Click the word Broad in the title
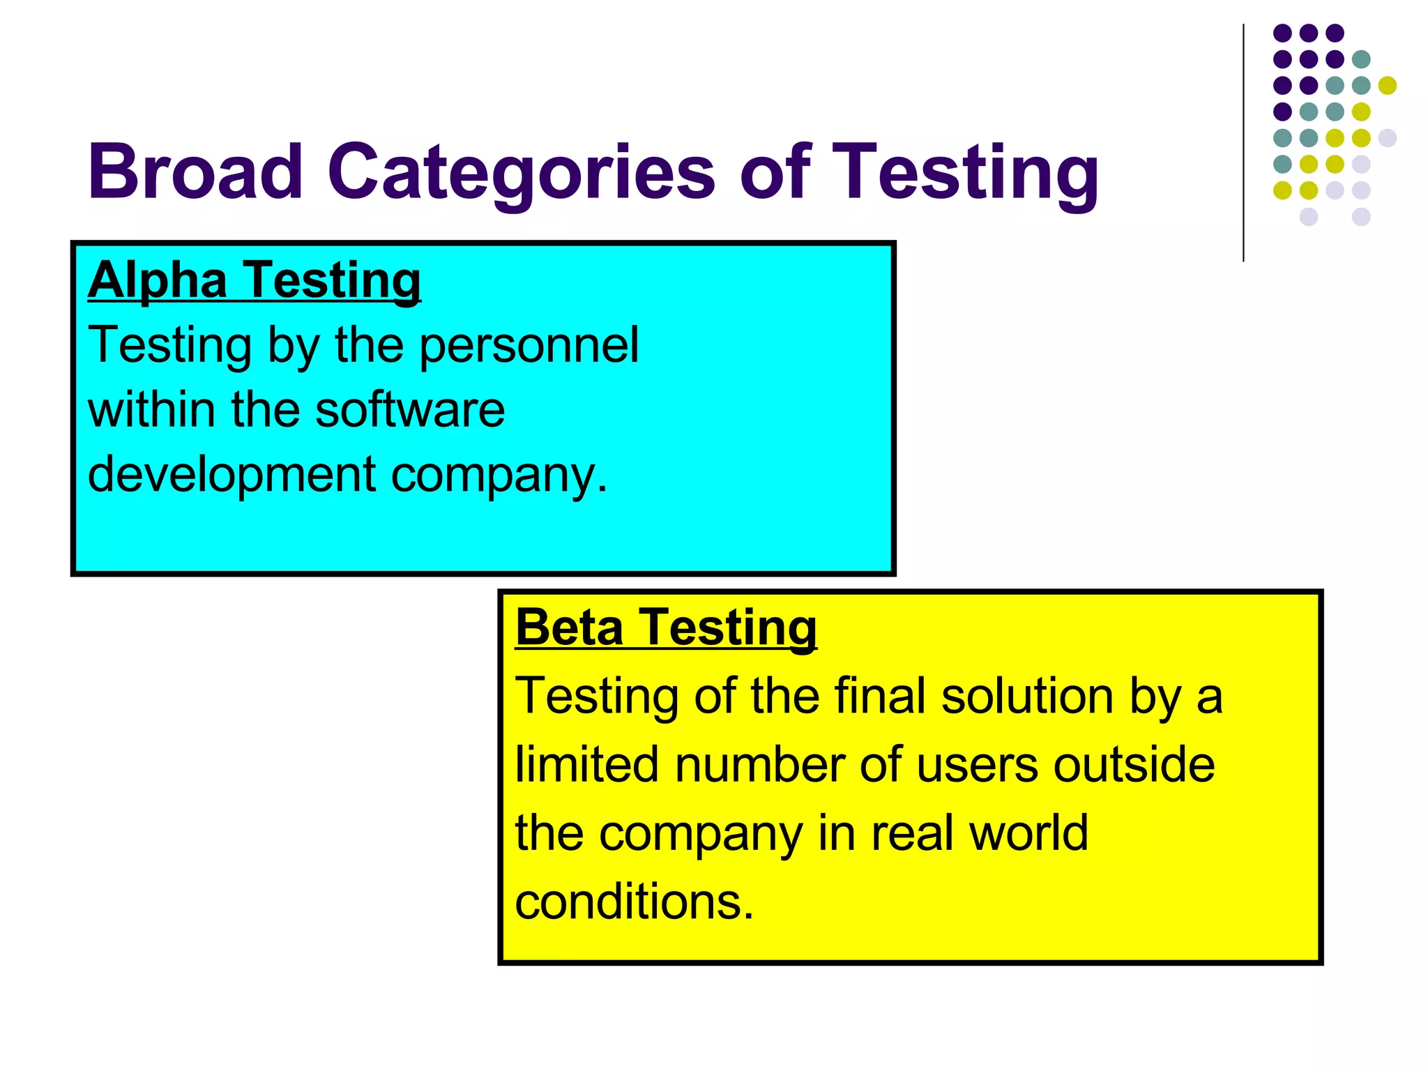(x=195, y=172)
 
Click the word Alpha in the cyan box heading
(x=158, y=280)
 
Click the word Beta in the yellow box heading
(x=569, y=627)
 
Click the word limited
(x=586, y=764)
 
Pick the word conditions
(x=634, y=901)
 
